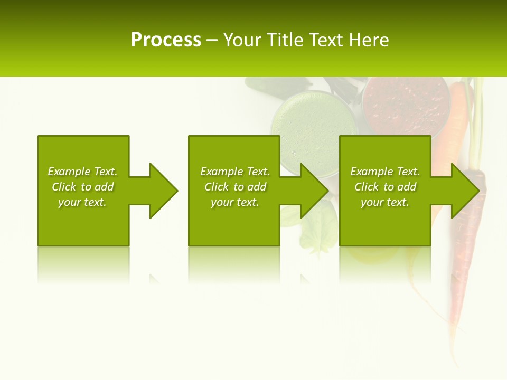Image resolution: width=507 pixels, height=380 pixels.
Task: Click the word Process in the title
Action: point(166,40)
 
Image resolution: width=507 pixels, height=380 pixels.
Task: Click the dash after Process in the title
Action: point(212,41)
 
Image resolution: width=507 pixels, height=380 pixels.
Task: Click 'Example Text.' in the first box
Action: point(82,172)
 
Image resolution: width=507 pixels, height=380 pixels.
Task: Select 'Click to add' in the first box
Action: point(82,187)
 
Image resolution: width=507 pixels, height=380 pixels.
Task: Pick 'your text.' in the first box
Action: point(82,202)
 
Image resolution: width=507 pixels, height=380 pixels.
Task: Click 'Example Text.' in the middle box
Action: point(235,172)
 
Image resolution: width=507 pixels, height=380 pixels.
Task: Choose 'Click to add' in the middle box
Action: point(235,187)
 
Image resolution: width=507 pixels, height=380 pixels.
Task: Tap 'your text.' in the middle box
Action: point(235,202)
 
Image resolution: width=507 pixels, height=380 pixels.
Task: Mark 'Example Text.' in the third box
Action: point(385,172)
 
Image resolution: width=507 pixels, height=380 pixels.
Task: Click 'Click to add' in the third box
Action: point(385,187)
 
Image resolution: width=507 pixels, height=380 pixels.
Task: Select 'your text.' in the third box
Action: point(385,202)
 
